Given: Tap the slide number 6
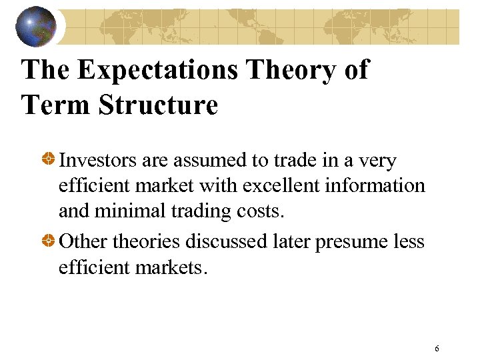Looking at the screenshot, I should pyautogui.click(x=437, y=349).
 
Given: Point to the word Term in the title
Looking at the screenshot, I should pyautogui.click(x=57, y=105).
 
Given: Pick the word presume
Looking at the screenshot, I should pyautogui.click(x=352, y=242).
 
